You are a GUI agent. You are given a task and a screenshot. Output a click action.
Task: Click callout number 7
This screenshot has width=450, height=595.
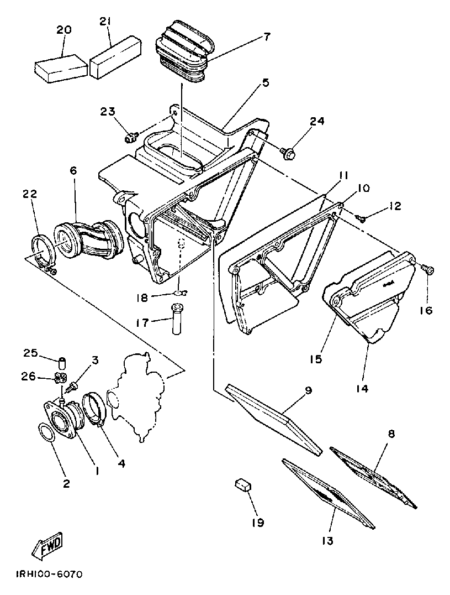point(267,37)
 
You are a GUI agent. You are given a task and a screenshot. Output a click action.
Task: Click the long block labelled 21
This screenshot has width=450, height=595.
point(112,58)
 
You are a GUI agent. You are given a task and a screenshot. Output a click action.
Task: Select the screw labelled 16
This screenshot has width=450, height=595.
point(428,269)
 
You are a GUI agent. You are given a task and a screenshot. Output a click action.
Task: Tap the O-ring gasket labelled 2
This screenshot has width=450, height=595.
point(47,432)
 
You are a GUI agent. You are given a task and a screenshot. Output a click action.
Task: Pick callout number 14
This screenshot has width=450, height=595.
point(362,388)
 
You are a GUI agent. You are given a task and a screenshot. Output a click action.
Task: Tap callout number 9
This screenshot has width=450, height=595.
point(309,390)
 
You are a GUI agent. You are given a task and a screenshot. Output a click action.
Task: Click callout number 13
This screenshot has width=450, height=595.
point(327,540)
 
